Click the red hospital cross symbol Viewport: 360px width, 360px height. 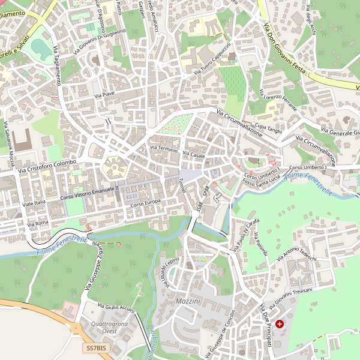(x=280, y=324)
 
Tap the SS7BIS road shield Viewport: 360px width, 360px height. (x=96, y=348)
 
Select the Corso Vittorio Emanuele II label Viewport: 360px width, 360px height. (x=89, y=192)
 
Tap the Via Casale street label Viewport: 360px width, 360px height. (x=194, y=155)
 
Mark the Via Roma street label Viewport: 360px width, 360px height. (x=38, y=224)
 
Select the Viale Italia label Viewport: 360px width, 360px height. (x=34, y=203)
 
